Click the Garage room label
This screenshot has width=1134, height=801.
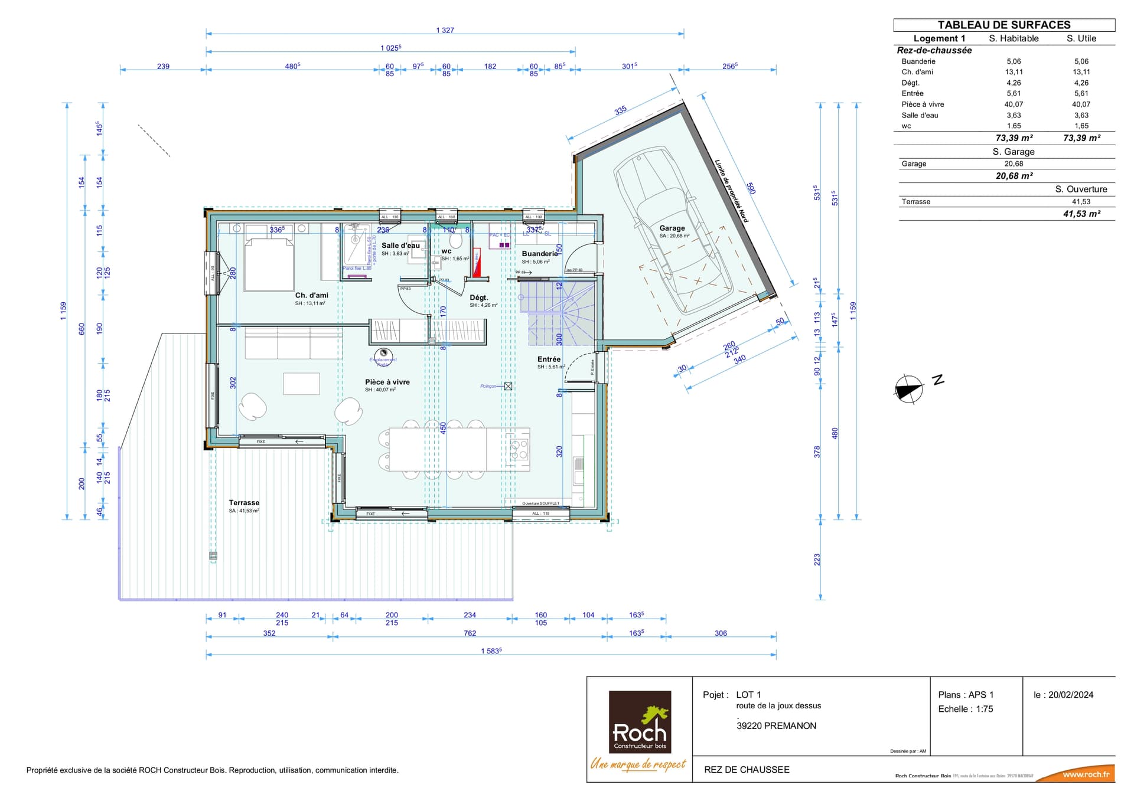tap(672, 228)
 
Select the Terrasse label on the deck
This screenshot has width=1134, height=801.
tap(244, 503)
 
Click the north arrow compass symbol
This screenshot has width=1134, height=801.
tap(909, 390)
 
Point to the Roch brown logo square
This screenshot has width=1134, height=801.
tap(640, 722)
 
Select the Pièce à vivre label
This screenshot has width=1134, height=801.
tap(387, 382)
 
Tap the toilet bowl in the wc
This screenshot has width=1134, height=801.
tap(455, 241)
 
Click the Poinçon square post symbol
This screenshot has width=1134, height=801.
tap(508, 386)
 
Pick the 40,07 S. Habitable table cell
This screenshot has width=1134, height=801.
tap(1014, 104)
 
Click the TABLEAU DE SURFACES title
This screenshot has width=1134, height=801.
tap(1004, 25)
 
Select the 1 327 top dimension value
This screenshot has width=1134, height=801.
tap(445, 30)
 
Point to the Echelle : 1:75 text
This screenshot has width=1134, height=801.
tap(966, 709)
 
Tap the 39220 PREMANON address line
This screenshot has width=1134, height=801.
tap(776, 726)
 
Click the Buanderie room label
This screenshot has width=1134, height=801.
tap(539, 254)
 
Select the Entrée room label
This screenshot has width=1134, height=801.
tap(549, 359)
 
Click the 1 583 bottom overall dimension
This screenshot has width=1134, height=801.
tap(491, 651)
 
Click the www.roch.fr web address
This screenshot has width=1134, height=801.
tap(1086, 774)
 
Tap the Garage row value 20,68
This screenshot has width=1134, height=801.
tap(1014, 164)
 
